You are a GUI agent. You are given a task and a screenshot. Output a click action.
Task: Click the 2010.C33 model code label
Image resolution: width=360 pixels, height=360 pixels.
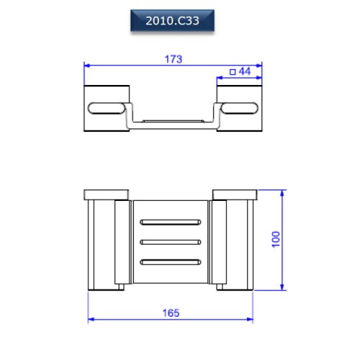click(172, 21)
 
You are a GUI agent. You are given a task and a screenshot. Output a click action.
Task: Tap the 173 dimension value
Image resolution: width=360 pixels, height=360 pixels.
click(174, 59)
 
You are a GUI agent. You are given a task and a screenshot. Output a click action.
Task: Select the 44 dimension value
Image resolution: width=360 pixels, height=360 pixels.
click(245, 71)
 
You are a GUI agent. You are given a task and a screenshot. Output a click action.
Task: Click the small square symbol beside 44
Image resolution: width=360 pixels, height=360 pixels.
click(233, 72)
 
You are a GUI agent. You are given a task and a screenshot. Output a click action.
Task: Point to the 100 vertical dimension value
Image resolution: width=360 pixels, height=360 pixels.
click(276, 239)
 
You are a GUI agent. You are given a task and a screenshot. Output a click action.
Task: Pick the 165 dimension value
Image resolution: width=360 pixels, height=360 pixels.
click(171, 313)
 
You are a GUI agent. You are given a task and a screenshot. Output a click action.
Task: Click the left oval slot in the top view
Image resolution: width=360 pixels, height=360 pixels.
click(107, 108)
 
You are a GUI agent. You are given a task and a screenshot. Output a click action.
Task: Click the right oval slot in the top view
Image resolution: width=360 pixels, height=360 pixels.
click(239, 108)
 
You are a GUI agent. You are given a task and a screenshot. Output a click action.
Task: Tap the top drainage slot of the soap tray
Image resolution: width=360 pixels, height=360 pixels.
click(171, 222)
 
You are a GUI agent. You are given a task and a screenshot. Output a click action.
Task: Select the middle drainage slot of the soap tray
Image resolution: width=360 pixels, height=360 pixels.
click(171, 242)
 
